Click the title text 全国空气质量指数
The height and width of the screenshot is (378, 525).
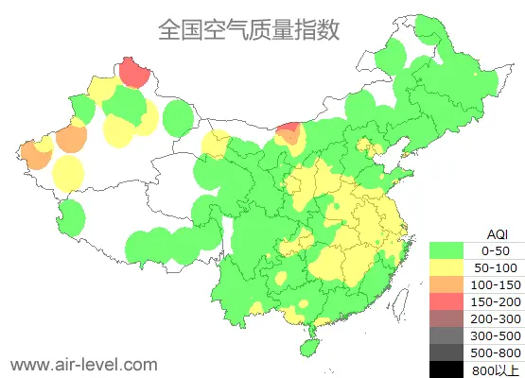pos(249,29)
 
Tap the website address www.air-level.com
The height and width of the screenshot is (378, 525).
pos(83,363)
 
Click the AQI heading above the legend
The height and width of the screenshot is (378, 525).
pos(497,233)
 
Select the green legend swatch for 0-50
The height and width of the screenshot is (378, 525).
pos(450,250)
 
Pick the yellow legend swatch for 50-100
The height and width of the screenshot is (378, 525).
pos(450,267)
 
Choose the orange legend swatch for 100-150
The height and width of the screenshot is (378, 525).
pos(450,284)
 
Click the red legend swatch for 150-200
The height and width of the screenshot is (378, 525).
pos(450,301)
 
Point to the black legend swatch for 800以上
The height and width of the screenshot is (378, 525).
pos(450,369)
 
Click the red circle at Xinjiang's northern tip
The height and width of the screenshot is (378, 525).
pos(134,71)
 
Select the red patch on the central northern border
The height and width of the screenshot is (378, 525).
pos(290,131)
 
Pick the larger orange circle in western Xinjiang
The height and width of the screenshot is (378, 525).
pos(71,139)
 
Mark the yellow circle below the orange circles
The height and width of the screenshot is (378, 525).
pos(68,173)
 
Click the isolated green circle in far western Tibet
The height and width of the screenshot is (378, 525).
pos(68,217)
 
